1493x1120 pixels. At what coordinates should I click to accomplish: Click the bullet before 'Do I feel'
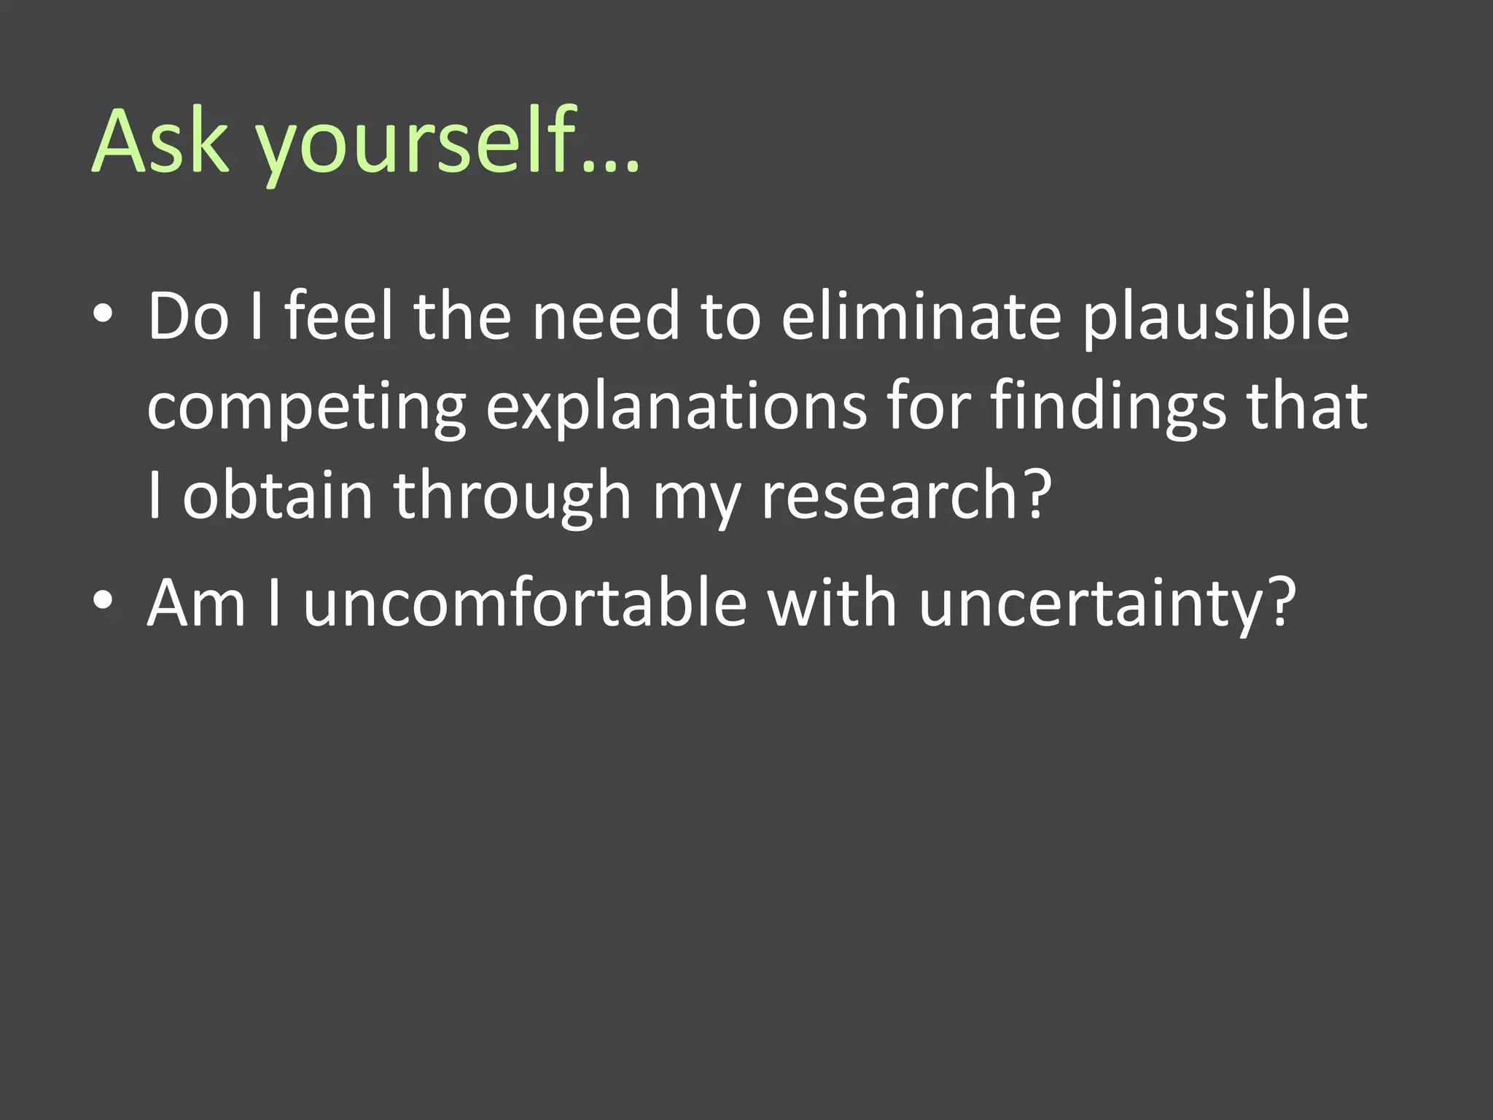103,315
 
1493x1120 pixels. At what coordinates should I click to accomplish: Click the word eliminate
921,316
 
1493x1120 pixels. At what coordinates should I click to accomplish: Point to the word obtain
278,496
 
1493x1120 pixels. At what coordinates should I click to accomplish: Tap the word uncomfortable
526,602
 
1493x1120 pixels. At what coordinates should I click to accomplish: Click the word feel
339,316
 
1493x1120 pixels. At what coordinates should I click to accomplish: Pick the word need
606,316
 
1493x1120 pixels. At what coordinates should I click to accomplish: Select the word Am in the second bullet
197,602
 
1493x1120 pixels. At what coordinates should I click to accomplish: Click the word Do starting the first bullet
188,316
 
